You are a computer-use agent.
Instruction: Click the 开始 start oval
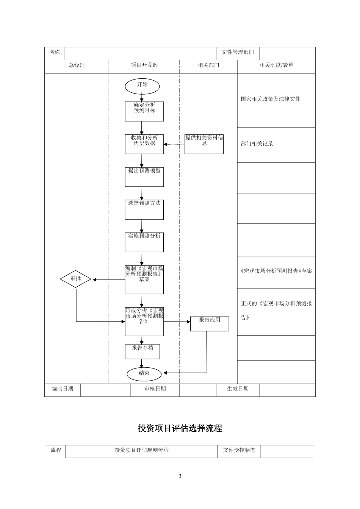pyautogui.click(x=142, y=86)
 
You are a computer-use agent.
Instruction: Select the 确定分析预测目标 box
pyautogui.click(x=144, y=111)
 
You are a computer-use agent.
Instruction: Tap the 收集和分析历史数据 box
pyautogui.click(x=144, y=144)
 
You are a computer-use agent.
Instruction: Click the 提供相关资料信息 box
pyautogui.click(x=204, y=144)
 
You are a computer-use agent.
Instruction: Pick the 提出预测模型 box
pyautogui.click(x=144, y=177)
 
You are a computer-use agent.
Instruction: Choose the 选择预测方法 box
pyautogui.click(x=144, y=210)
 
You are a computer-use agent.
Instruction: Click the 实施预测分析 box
pyautogui.click(x=144, y=242)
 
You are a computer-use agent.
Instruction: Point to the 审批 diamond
pyautogui.click(x=76, y=279)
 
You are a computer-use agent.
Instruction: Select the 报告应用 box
pyautogui.click(x=210, y=324)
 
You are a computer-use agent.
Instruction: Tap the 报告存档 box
pyautogui.click(x=142, y=351)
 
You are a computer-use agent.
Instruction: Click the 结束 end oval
pyautogui.click(x=144, y=374)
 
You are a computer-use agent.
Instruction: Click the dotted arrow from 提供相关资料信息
pyautogui.click(x=174, y=144)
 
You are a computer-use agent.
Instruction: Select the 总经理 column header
pyautogui.click(x=77, y=66)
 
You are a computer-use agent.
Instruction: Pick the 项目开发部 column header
pyautogui.click(x=144, y=66)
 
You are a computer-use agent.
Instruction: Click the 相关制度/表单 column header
pyautogui.click(x=276, y=66)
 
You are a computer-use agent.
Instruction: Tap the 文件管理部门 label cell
pyautogui.click(x=238, y=53)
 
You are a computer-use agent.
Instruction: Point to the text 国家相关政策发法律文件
pyautogui.click(x=271, y=99)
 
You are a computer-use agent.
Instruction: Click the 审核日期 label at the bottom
pyautogui.click(x=155, y=389)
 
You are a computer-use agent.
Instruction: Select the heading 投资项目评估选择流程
pyautogui.click(x=180, y=428)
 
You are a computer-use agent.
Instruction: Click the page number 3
pyautogui.click(x=180, y=476)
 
